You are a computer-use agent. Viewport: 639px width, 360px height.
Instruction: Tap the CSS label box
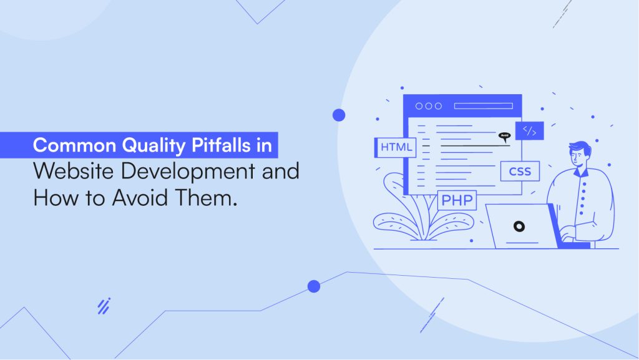tap(519, 171)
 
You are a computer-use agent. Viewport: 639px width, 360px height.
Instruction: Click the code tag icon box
tap(529, 131)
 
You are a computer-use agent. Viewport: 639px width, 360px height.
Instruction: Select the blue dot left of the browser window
tap(339, 115)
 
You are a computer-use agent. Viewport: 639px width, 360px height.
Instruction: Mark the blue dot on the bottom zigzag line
tap(314, 286)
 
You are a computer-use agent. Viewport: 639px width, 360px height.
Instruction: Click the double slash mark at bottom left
tap(104, 306)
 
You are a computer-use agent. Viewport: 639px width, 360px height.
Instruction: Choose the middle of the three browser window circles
tap(428, 106)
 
